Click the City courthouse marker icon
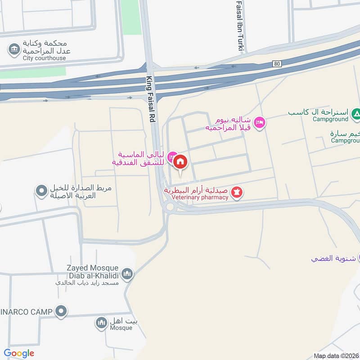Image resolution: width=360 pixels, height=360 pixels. [x=14, y=49]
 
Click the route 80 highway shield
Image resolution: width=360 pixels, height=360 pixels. [x=277, y=64]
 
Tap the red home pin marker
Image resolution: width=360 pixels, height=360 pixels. [x=180, y=162]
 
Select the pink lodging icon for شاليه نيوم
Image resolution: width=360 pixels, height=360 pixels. [x=259, y=122]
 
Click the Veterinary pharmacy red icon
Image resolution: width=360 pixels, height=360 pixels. [x=237, y=193]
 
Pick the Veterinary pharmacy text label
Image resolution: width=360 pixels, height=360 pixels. [x=197, y=198]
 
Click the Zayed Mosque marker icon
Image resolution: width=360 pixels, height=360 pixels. [x=127, y=274]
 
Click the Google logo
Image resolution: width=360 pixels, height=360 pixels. [x=19, y=353]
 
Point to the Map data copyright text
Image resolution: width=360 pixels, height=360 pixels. [x=336, y=355]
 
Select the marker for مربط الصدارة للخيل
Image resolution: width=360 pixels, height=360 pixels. [x=41, y=192]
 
